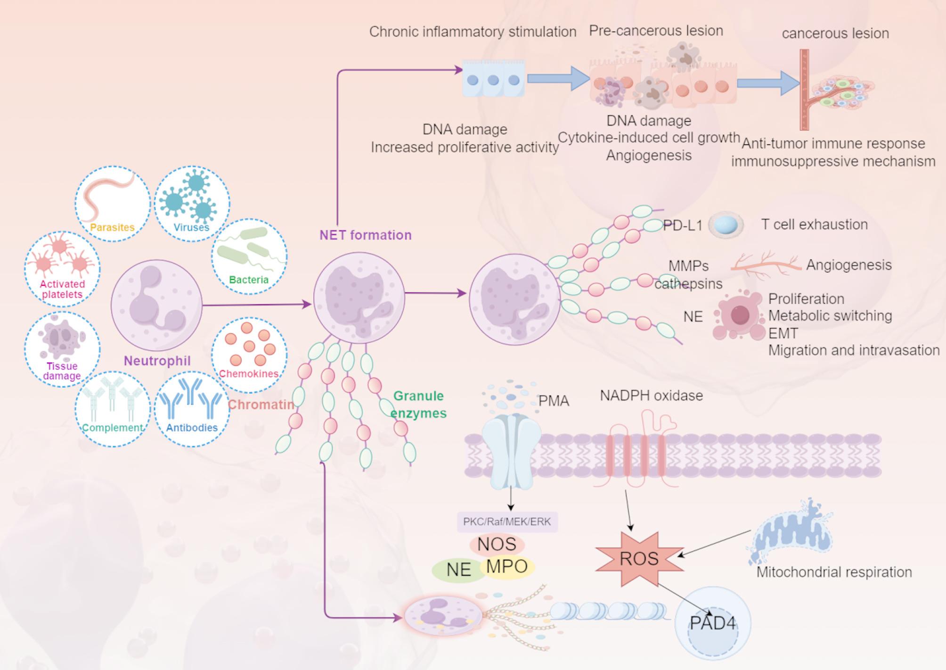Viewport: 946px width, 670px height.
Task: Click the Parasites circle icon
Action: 112,204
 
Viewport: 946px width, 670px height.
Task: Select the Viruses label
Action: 191,227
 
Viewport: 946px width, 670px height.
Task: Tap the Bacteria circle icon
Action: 249,256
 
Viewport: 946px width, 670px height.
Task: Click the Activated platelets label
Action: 62,289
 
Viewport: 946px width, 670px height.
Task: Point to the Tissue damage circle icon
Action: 62,349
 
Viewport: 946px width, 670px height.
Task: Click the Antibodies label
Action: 192,428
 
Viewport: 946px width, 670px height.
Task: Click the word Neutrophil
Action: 157,361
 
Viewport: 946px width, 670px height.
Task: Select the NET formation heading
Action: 365,235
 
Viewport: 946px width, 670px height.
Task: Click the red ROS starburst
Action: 639,559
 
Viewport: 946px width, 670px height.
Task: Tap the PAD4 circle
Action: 712,623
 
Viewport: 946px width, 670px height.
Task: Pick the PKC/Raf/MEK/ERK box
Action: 507,522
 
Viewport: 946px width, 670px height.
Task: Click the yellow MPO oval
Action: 507,567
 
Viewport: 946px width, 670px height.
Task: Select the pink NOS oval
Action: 497,545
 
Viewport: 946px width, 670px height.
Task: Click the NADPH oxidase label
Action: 651,396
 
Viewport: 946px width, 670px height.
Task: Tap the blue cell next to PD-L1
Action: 726,225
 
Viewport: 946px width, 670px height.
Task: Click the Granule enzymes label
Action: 418,405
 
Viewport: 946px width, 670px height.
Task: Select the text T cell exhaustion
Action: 814,224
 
